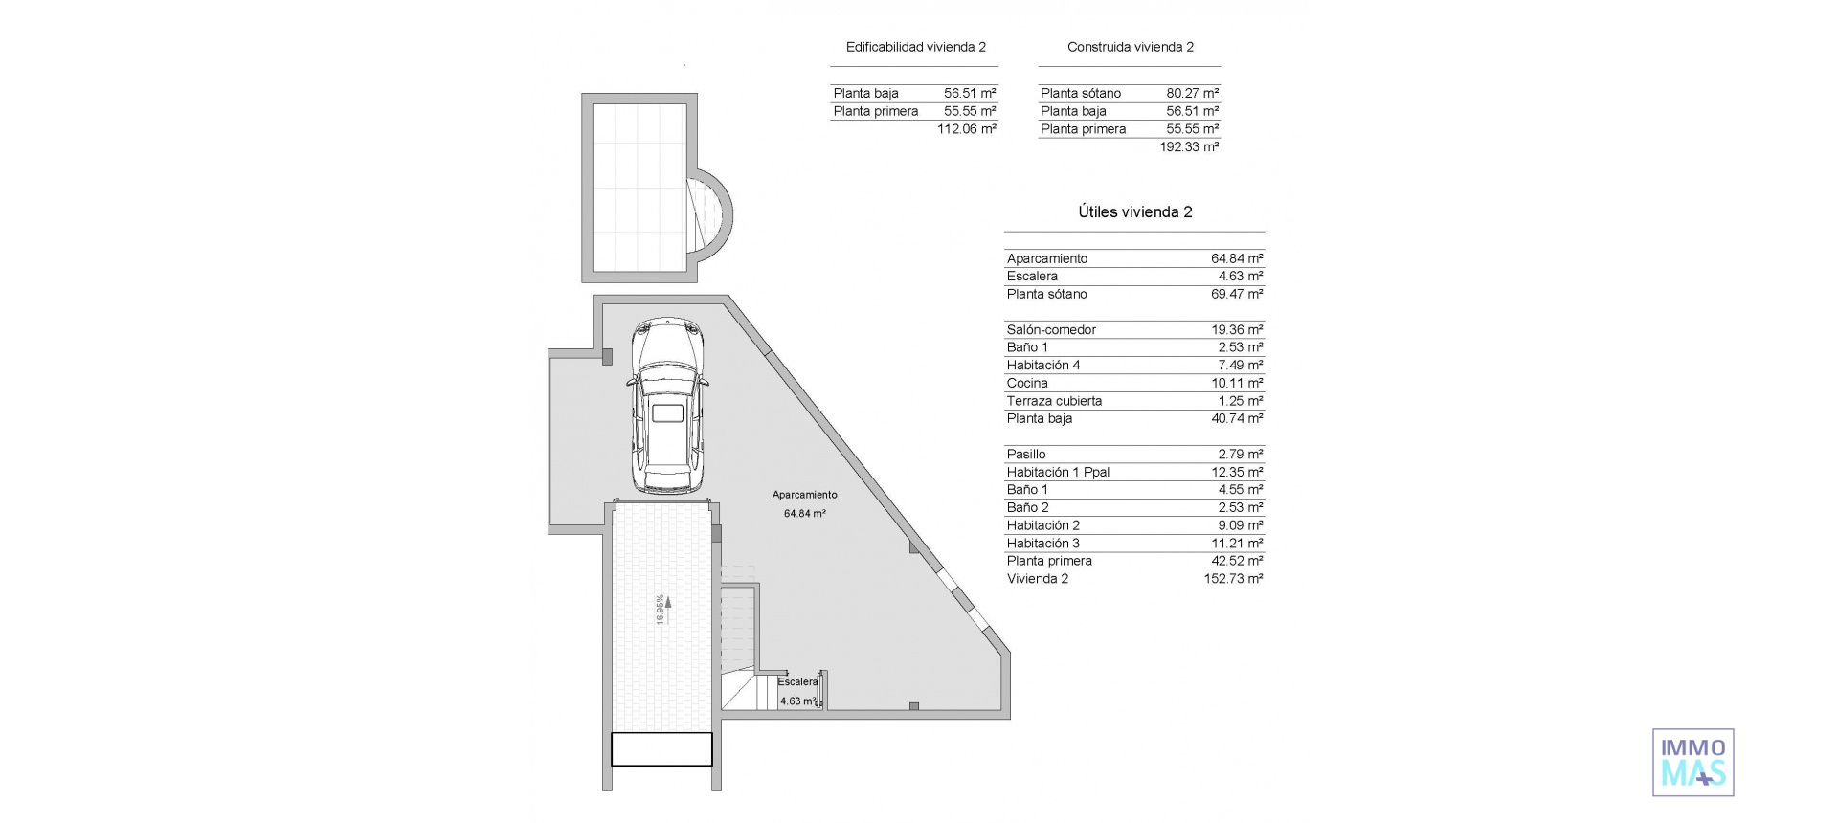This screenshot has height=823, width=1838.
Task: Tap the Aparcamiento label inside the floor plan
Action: (x=804, y=495)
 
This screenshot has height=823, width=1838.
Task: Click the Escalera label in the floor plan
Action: (x=796, y=682)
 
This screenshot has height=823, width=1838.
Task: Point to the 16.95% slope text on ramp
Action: (x=660, y=610)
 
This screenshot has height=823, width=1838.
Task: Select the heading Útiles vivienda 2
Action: (x=1134, y=212)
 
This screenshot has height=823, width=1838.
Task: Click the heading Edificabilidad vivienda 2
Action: (x=915, y=47)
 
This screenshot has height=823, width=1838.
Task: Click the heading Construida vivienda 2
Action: (x=1130, y=47)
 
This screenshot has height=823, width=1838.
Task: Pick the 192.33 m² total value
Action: (x=1188, y=147)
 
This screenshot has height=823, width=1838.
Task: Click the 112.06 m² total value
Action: (x=966, y=129)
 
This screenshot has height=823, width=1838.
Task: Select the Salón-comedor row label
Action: (x=1051, y=330)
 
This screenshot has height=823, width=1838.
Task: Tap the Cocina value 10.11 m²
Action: (x=1236, y=384)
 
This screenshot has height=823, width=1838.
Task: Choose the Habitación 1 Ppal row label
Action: (x=1058, y=473)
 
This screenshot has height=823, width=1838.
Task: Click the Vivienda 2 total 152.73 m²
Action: (x=1232, y=579)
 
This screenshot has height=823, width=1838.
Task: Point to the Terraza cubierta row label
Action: (x=1054, y=401)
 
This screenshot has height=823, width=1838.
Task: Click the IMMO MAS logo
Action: (x=1692, y=763)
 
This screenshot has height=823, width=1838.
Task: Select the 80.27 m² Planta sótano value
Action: (x=1192, y=94)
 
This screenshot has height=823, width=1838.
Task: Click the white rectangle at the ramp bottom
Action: (x=661, y=749)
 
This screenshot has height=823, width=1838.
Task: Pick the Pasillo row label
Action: (x=1025, y=455)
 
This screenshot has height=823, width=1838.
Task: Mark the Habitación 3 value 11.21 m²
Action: (x=1236, y=544)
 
